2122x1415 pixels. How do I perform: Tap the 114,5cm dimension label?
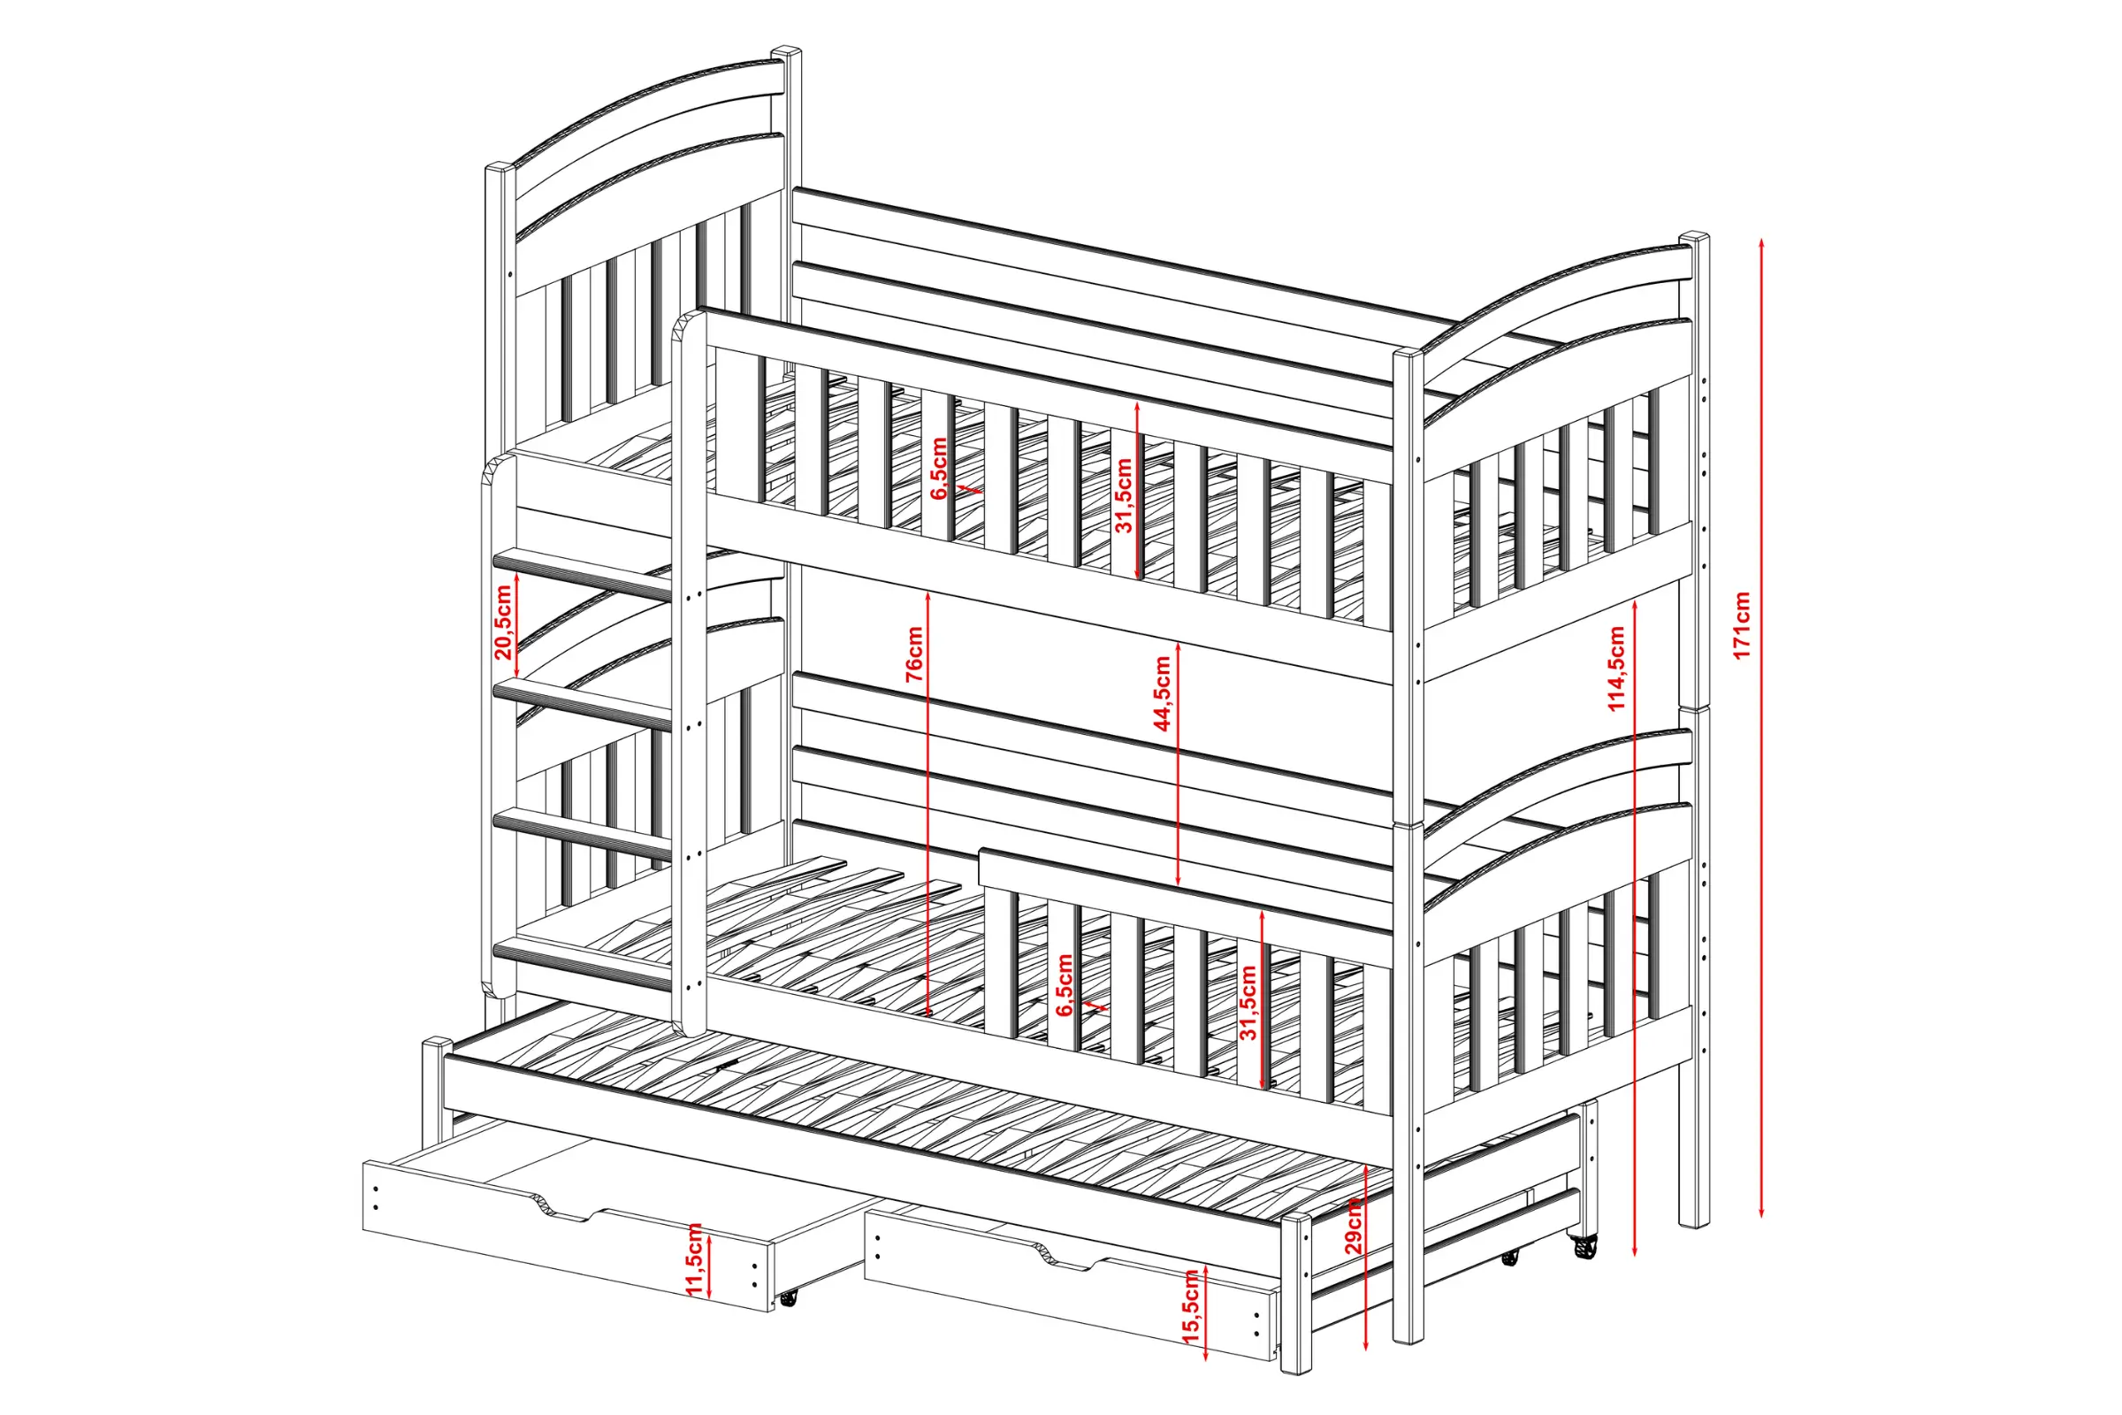[1616, 669]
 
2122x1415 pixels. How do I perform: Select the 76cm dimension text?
[913, 654]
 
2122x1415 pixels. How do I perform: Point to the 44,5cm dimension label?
[1162, 693]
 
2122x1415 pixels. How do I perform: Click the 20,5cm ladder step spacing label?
[503, 623]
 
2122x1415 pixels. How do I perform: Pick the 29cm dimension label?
[1353, 1227]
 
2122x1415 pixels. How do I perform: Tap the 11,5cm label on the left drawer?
[694, 1259]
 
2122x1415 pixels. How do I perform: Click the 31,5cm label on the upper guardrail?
[1123, 495]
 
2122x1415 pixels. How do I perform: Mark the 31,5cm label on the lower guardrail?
[1248, 1003]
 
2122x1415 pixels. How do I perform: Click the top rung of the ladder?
[584, 574]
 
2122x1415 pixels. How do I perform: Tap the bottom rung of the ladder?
[584, 964]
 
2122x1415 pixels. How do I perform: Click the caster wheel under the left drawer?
[789, 1297]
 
